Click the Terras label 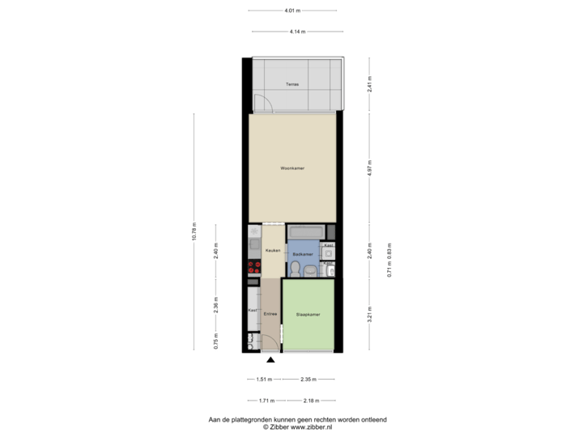(292, 84)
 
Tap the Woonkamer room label (292, 168)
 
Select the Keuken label (272, 251)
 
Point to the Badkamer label (303, 254)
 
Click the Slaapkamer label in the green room (308, 314)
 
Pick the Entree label (270, 313)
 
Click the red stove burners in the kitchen (254, 268)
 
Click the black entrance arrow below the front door (270, 361)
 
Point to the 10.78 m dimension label (194, 231)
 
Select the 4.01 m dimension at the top (291, 11)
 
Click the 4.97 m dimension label (369, 168)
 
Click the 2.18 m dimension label (309, 400)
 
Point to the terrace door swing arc (261, 103)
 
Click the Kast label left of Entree (252, 310)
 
